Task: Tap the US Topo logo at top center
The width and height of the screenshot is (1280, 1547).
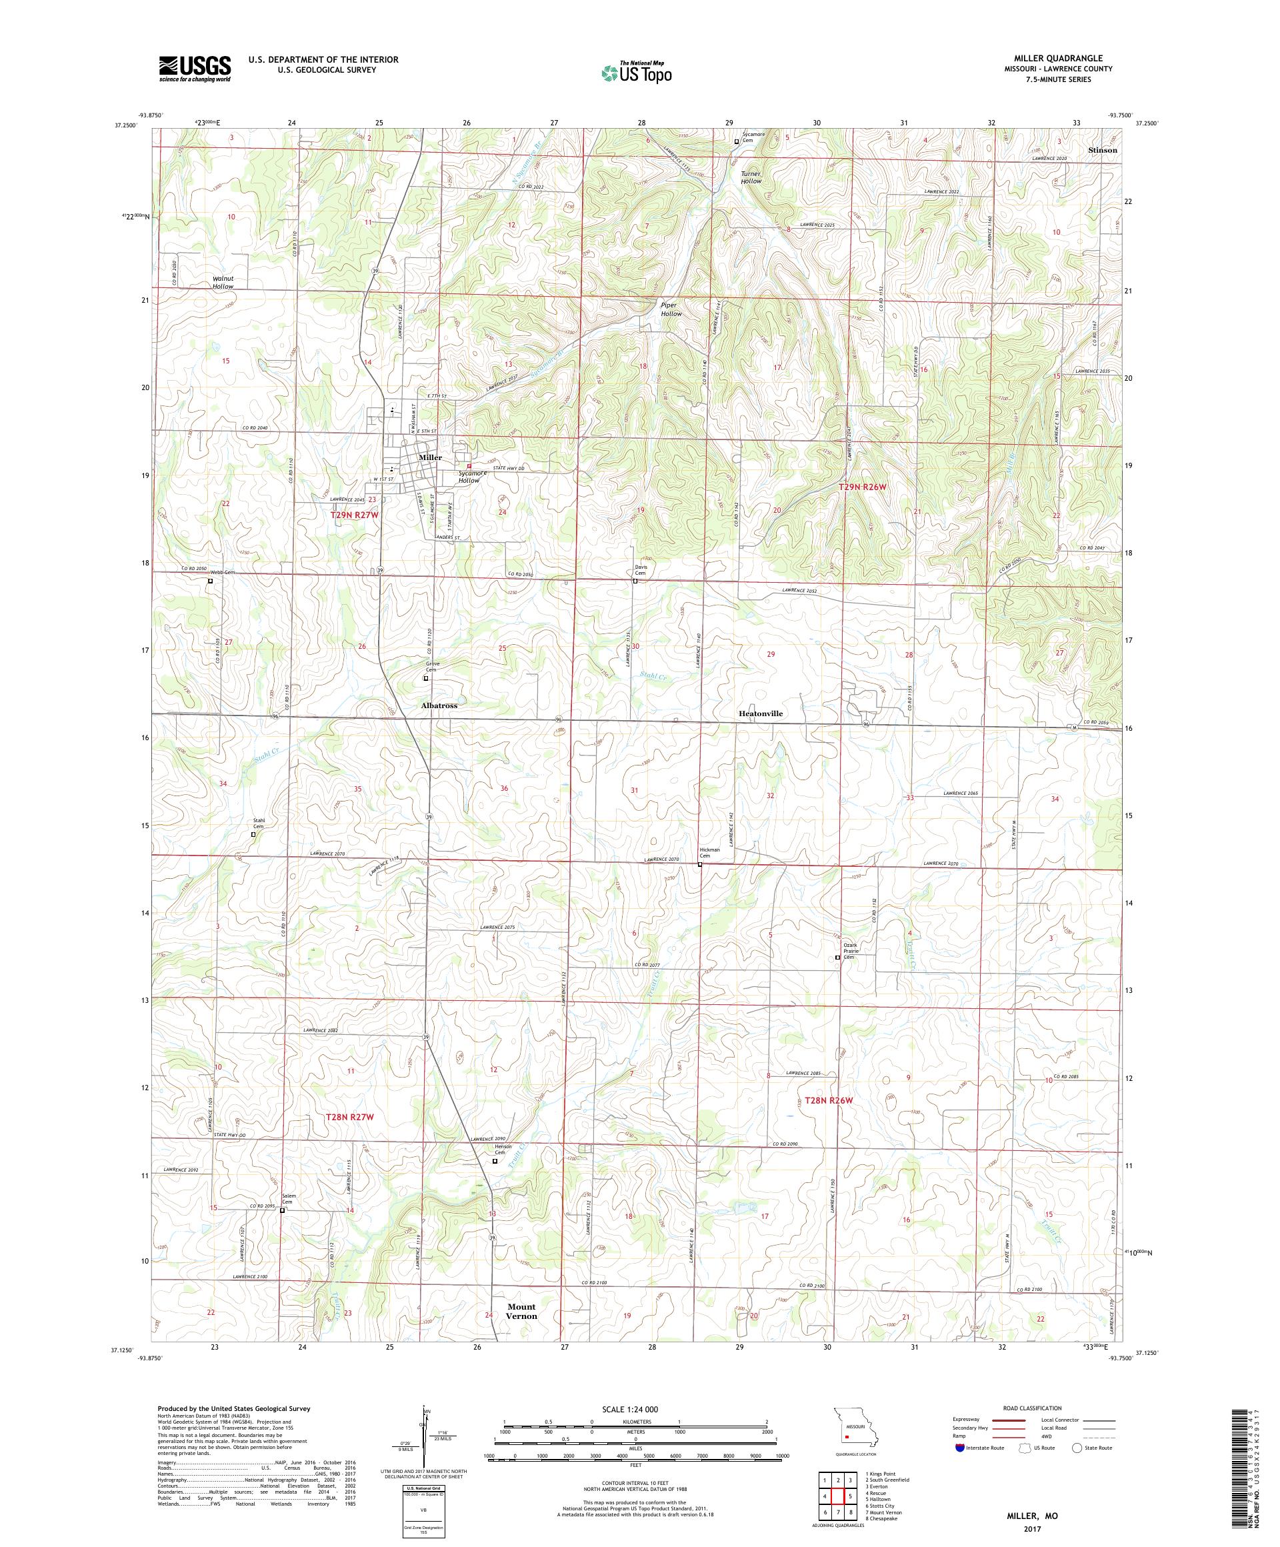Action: click(x=637, y=71)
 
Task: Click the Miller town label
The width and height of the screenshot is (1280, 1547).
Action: click(x=430, y=457)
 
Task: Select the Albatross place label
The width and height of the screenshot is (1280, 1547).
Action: click(x=439, y=705)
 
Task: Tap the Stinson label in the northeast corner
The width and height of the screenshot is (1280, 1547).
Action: click(x=1103, y=149)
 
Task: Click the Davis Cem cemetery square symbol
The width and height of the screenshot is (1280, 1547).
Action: click(x=635, y=581)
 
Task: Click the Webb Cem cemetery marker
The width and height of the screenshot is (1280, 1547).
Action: click(x=210, y=581)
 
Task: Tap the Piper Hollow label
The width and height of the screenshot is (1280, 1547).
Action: click(x=671, y=309)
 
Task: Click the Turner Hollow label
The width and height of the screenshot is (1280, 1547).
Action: click(x=751, y=177)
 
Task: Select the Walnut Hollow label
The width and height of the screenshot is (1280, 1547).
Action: click(x=223, y=282)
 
